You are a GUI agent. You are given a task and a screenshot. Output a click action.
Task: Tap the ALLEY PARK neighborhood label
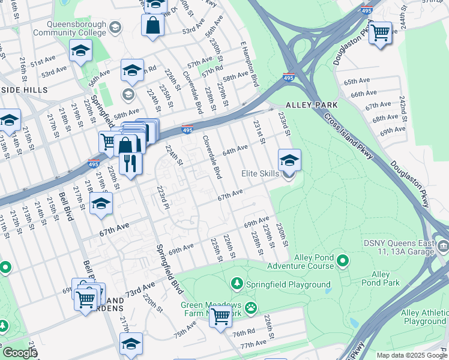click(x=311, y=104)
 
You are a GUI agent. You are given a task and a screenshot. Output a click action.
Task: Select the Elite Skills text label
click(x=260, y=173)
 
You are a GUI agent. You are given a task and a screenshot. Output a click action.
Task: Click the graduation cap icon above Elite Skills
click(x=289, y=160)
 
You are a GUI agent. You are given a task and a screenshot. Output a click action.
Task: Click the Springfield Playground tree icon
click(x=237, y=283)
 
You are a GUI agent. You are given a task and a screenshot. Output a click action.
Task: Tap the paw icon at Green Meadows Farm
click(x=250, y=307)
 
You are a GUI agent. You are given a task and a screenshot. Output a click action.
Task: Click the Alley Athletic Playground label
click(x=416, y=317)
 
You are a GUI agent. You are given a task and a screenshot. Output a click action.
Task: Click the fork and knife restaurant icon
click(x=130, y=163)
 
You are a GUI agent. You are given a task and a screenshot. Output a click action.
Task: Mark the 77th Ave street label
click(x=253, y=346)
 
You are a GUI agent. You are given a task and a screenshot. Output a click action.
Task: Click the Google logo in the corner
click(x=20, y=353)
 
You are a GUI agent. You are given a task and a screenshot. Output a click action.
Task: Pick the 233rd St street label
click(x=283, y=125)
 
